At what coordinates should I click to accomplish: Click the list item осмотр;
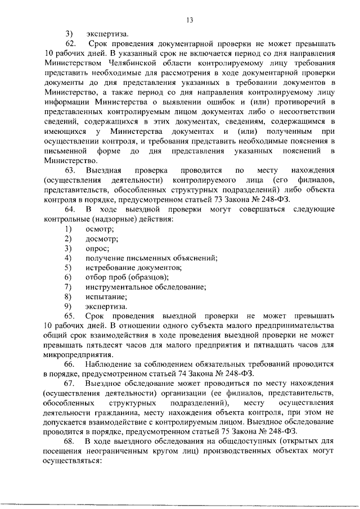pyautogui.click(x=99, y=229)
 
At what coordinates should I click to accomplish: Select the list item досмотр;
pyautogui.click(x=101, y=238)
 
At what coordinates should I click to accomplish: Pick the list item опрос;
pyautogui.click(x=97, y=248)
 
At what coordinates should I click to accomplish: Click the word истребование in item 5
pyautogui.click(x=113, y=268)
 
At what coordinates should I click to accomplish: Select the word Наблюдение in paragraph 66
pyautogui.click(x=110, y=365)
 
